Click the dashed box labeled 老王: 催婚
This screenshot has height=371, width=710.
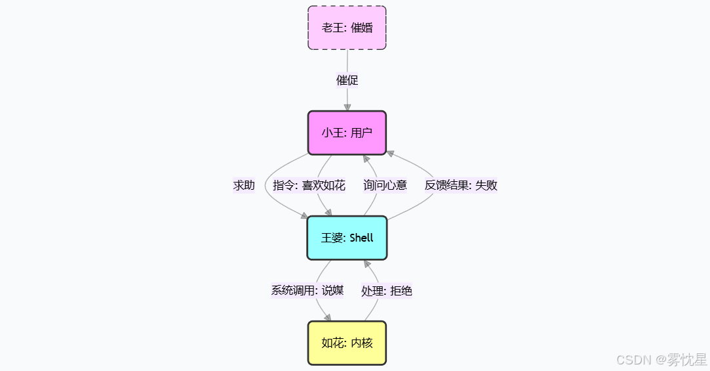pyautogui.click(x=347, y=28)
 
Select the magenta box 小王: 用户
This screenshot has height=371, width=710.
pyautogui.click(x=347, y=133)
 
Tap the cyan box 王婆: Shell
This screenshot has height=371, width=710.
pyautogui.click(x=347, y=238)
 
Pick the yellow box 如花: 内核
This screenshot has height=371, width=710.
pyautogui.click(x=347, y=343)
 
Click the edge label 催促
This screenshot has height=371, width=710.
pyautogui.click(x=347, y=80)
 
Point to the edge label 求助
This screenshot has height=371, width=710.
pyautogui.click(x=244, y=185)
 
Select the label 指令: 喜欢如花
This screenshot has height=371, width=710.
pyautogui.click(x=309, y=185)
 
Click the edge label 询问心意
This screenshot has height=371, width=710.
pyautogui.click(x=385, y=185)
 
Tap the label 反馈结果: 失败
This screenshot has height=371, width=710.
pyautogui.click(x=461, y=185)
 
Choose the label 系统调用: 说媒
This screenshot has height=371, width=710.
pyautogui.click(x=307, y=290)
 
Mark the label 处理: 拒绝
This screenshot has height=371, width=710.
pyautogui.click(x=387, y=290)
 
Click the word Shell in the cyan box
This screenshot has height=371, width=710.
pyautogui.click(x=361, y=238)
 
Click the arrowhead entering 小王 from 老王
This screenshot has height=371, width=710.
pyautogui.click(x=347, y=106)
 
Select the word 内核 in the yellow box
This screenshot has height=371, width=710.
pyautogui.click(x=361, y=343)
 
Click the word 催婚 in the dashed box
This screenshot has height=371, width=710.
pyautogui.click(x=361, y=28)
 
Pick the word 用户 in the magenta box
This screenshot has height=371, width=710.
pyautogui.click(x=361, y=133)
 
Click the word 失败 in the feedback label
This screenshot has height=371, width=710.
pyautogui.click(x=486, y=185)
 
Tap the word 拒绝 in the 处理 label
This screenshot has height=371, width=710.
pyautogui.click(x=401, y=290)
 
